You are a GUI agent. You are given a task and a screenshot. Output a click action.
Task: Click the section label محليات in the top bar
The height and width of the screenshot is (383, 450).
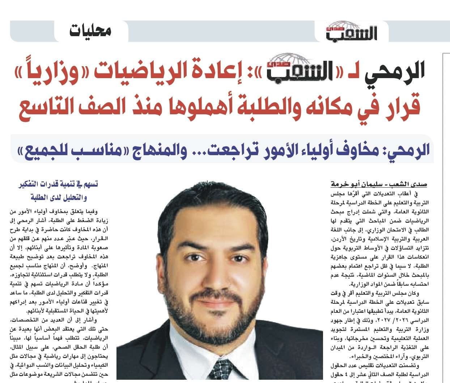tap(90, 31)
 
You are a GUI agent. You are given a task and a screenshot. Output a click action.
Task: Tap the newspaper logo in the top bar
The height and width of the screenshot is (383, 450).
tap(351, 31)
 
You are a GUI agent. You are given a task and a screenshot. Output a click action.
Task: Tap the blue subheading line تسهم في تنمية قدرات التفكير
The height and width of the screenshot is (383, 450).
tap(58, 184)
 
